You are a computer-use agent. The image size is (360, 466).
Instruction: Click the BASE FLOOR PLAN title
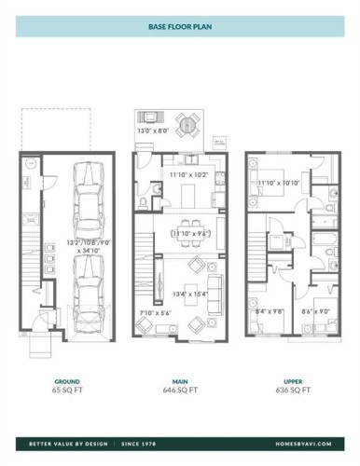pyautogui.click(x=179, y=27)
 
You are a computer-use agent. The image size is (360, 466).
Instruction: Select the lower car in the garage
pyautogui.click(x=87, y=286)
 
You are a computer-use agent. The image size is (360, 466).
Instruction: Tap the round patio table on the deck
pyautogui.click(x=187, y=123)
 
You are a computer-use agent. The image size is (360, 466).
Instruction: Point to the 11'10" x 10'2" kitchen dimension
pyautogui.click(x=188, y=174)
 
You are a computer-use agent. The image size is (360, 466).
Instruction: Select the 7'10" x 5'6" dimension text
pyautogui.click(x=156, y=313)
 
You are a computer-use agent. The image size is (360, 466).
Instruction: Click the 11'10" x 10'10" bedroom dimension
pyautogui.click(x=278, y=183)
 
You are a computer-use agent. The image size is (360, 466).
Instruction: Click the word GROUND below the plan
pyautogui.click(x=67, y=381)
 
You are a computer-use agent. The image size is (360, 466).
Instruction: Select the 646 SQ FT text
pyautogui.click(x=180, y=390)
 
